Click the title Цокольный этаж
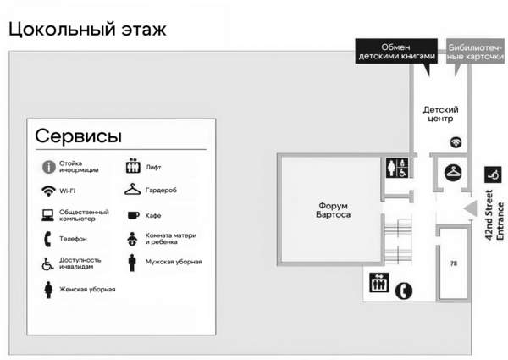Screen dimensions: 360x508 [x=87, y=29]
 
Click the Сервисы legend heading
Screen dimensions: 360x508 [x=78, y=136]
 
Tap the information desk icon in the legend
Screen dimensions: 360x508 [x=48, y=167]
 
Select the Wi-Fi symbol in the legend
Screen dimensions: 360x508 [x=48, y=191]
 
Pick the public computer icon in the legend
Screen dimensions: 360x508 [x=48, y=215]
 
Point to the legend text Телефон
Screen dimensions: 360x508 [x=73, y=239]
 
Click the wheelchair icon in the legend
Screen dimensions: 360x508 [x=48, y=263]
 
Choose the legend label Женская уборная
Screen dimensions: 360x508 [x=87, y=289]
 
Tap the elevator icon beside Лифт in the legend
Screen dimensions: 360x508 [x=132, y=167]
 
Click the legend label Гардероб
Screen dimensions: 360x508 [x=161, y=191]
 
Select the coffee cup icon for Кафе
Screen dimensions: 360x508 [x=132, y=215]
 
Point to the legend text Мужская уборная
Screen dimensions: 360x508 [x=174, y=262]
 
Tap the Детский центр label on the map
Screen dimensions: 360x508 [x=440, y=114]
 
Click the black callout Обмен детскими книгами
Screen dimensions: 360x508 [x=396, y=52]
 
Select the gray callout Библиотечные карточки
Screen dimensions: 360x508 [x=475, y=52]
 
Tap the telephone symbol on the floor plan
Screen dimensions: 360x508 [x=406, y=289]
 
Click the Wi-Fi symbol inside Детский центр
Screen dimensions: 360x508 [x=456, y=142]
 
